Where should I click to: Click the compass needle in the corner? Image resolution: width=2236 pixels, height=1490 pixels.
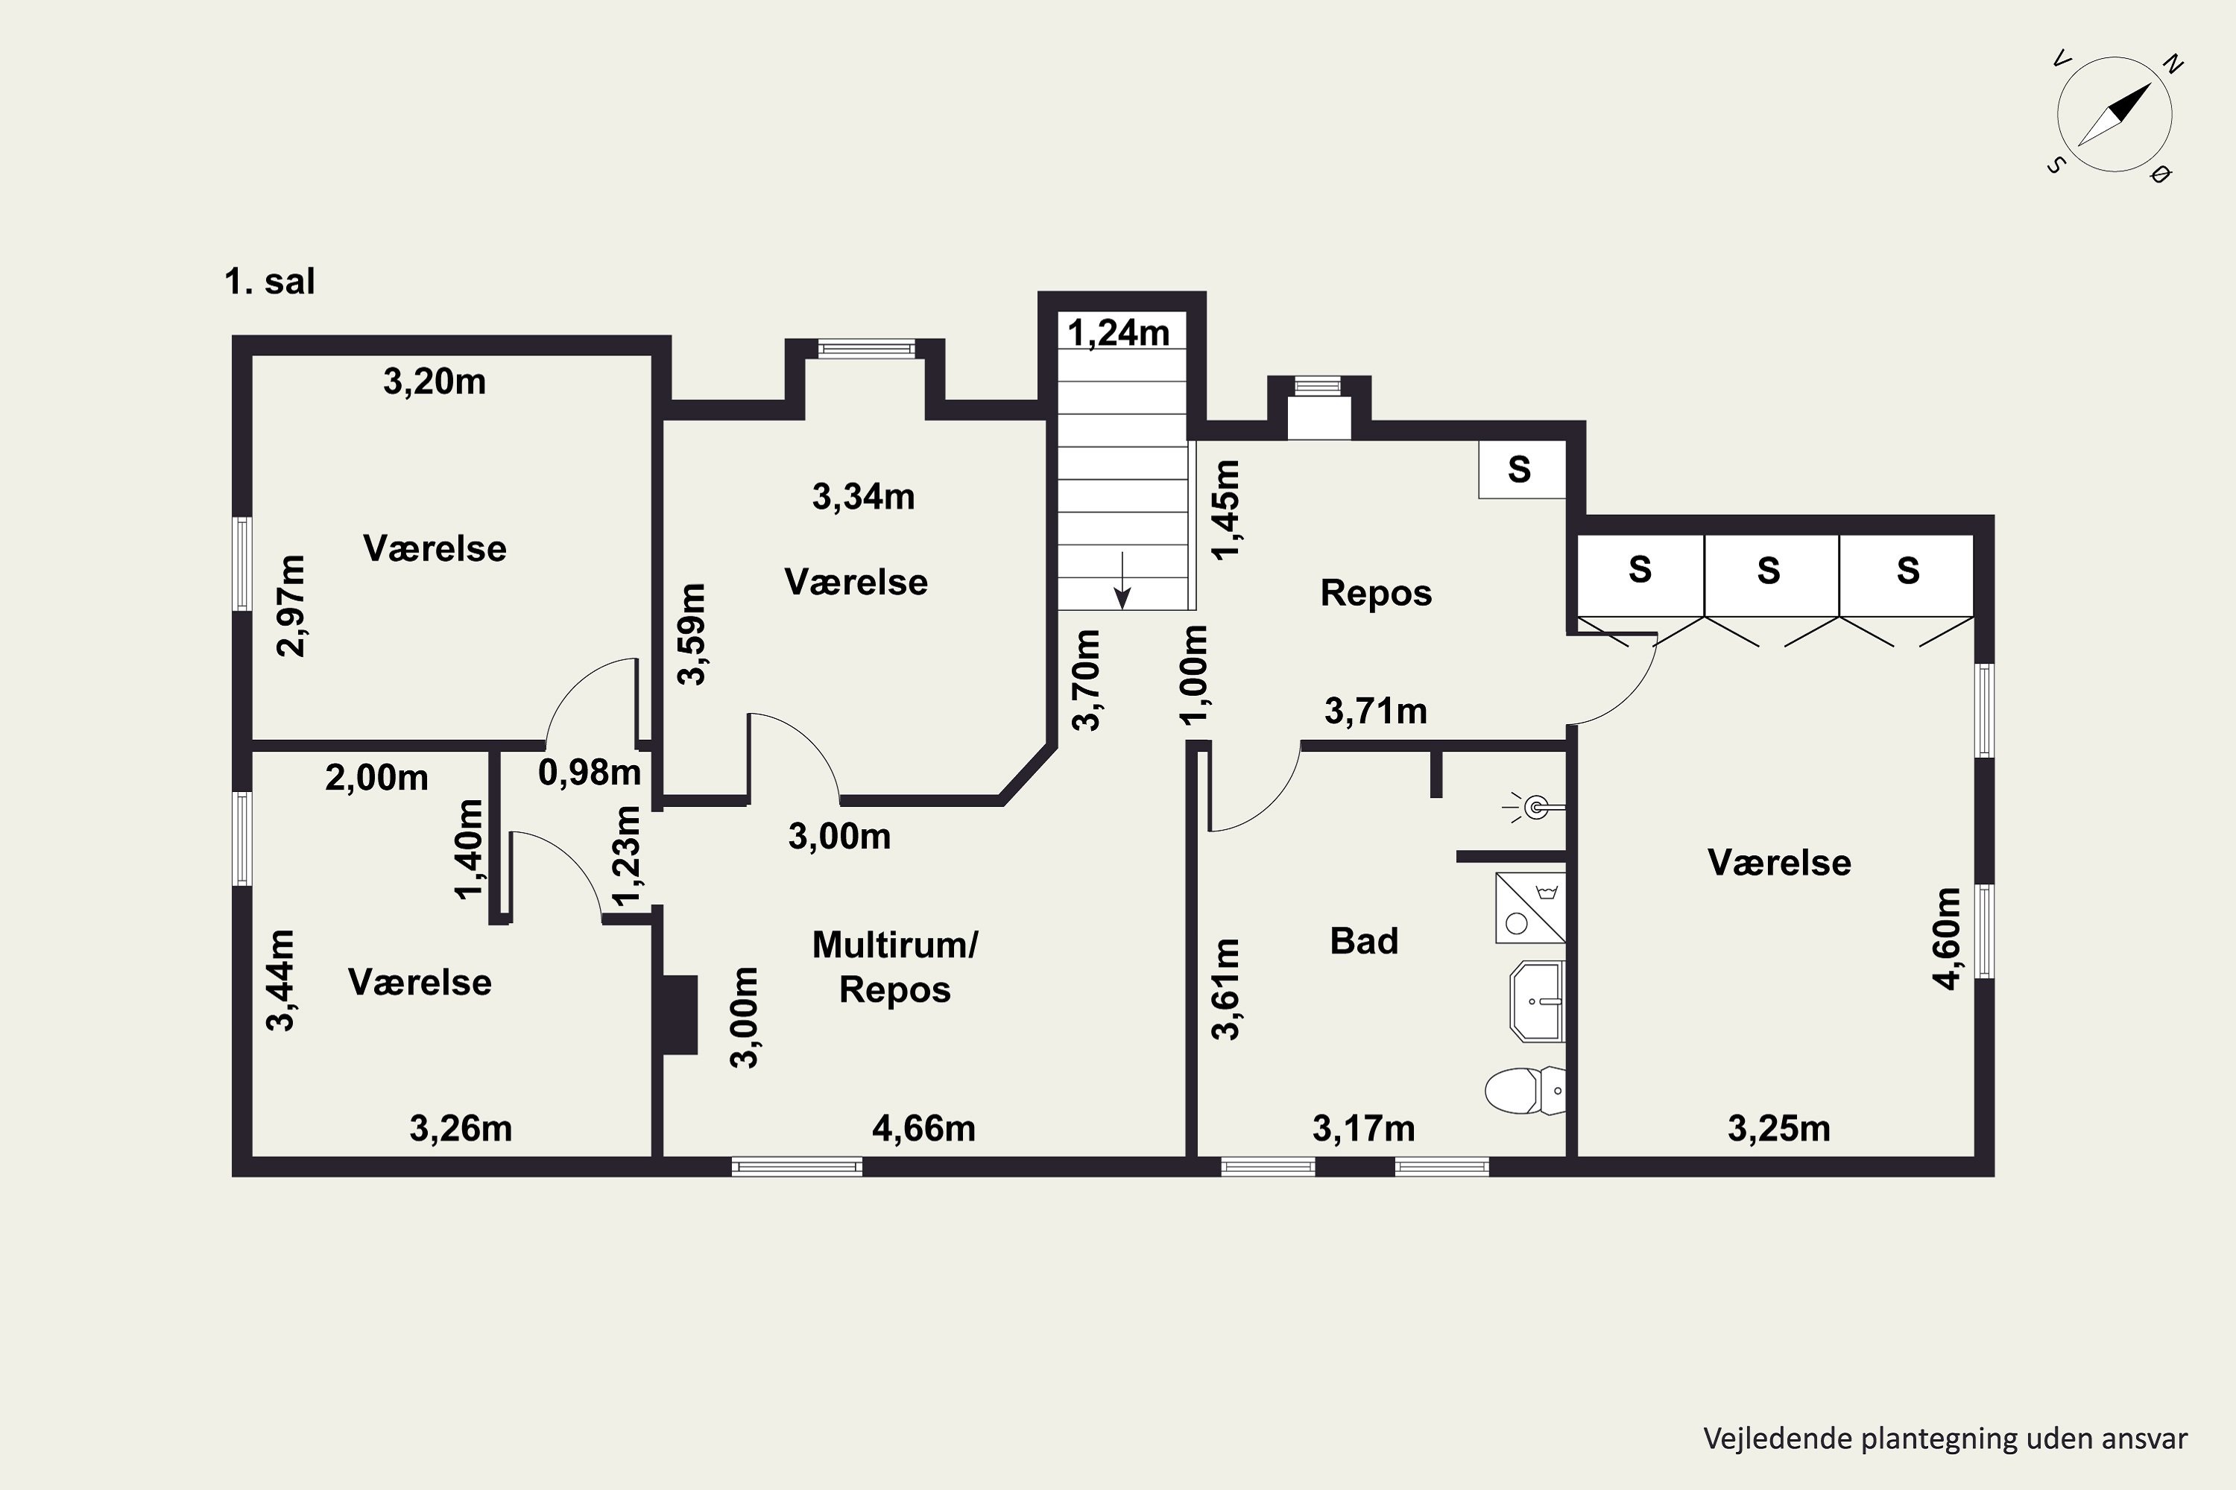click(x=2115, y=115)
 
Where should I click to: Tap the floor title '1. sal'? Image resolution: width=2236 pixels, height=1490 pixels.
click(x=269, y=282)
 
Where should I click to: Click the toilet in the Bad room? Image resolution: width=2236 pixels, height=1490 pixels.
click(x=1525, y=1090)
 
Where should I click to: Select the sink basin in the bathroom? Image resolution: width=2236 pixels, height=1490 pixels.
click(x=1536, y=1001)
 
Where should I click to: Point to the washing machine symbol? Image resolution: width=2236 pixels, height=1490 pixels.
click(x=1529, y=907)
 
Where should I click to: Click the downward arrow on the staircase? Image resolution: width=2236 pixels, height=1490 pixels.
click(x=1122, y=580)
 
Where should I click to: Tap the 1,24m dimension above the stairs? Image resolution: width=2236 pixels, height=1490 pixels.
click(x=1118, y=332)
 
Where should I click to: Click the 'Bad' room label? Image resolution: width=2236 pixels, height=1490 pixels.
click(x=1364, y=941)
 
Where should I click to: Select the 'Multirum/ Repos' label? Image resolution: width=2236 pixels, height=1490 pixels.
click(x=894, y=966)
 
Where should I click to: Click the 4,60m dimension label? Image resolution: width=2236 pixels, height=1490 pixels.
click(x=1947, y=938)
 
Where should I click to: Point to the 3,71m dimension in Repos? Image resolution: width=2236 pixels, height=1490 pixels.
click(x=1376, y=711)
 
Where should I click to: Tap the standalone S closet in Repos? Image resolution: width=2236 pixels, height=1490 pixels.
click(x=1521, y=469)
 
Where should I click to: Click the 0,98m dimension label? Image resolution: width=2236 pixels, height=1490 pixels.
click(x=590, y=772)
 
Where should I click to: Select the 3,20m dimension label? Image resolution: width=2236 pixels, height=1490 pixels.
click(x=435, y=382)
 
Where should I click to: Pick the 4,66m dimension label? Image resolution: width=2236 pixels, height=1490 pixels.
click(x=924, y=1128)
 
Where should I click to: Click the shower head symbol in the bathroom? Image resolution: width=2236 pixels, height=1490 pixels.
click(x=1533, y=808)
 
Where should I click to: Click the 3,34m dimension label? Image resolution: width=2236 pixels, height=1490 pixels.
click(x=863, y=496)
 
